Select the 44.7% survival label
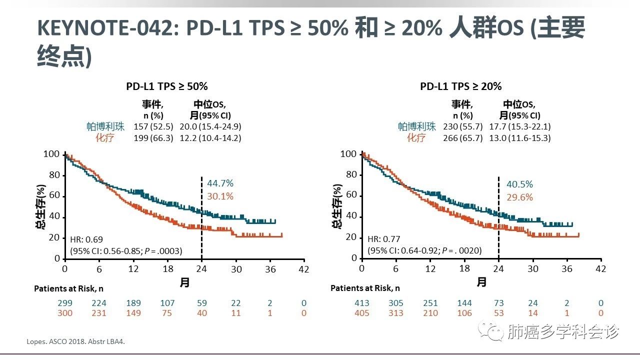[x=220, y=183]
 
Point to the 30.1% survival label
[x=220, y=196]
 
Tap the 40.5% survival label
[x=519, y=184]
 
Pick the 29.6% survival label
[x=519, y=197]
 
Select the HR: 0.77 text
[x=384, y=239]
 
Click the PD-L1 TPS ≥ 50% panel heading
[x=166, y=86]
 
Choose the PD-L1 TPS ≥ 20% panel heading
[x=460, y=86]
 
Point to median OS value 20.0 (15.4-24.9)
[x=210, y=126]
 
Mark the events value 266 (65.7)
[x=462, y=138]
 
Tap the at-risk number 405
[x=361, y=313]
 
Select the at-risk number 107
[x=167, y=303]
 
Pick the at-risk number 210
[x=430, y=313]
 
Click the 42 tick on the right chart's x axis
[x=600, y=268]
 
